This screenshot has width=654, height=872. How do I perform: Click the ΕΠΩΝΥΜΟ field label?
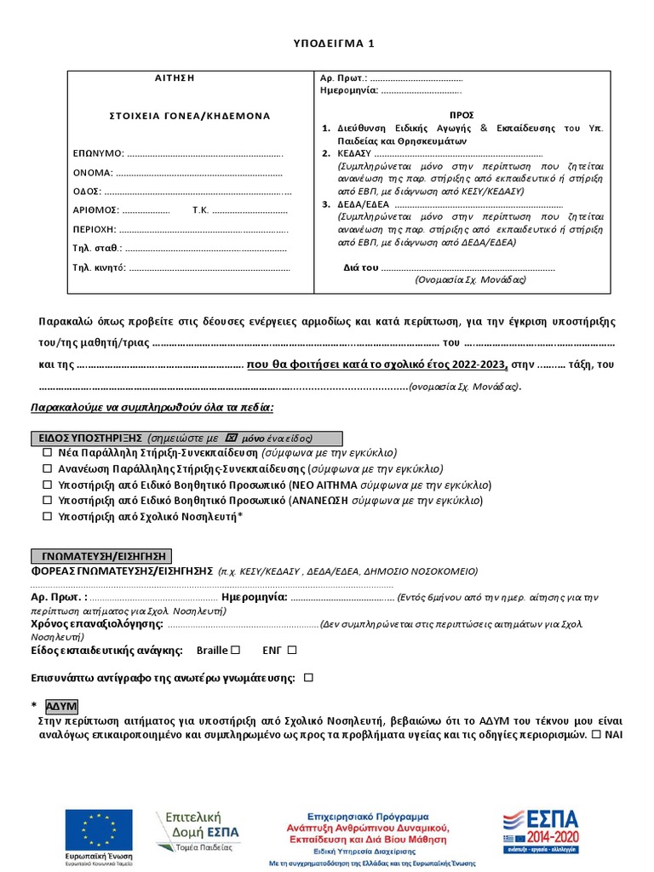tap(99, 154)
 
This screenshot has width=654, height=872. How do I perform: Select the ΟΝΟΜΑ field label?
tap(93, 173)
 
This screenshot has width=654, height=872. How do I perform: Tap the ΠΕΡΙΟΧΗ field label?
tap(95, 229)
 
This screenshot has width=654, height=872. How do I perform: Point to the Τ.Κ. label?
tap(201, 210)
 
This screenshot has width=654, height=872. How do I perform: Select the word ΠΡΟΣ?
tap(462, 115)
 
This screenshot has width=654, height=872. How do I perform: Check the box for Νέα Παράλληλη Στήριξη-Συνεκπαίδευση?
tap(48, 453)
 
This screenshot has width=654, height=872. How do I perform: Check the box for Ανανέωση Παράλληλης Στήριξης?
tap(48, 469)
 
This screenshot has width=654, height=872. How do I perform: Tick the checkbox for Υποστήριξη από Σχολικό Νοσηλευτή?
tap(48, 517)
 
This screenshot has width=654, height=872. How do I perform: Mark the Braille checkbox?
tap(236, 651)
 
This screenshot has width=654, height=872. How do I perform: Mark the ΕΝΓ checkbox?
tap(292, 651)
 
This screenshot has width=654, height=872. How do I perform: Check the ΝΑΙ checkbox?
tap(597, 734)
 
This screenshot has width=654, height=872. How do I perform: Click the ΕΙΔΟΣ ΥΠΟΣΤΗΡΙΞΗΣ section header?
tap(186, 438)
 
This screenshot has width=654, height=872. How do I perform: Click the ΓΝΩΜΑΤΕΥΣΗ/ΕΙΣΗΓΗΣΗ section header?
tap(101, 555)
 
